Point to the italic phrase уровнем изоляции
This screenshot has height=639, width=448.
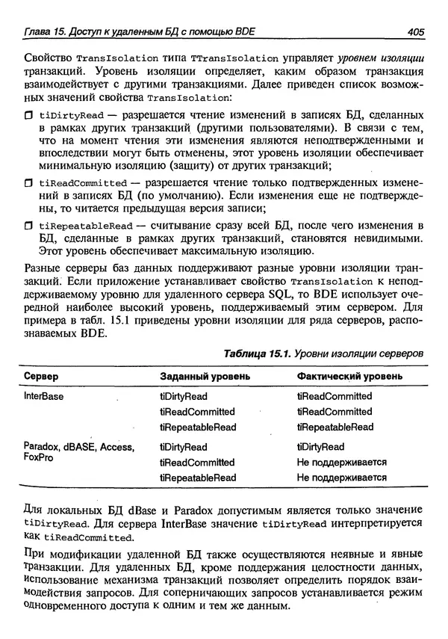383,57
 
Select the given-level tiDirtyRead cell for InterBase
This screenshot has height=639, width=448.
184,396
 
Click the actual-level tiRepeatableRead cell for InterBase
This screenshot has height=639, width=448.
335,427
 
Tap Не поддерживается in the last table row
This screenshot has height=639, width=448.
341,477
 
